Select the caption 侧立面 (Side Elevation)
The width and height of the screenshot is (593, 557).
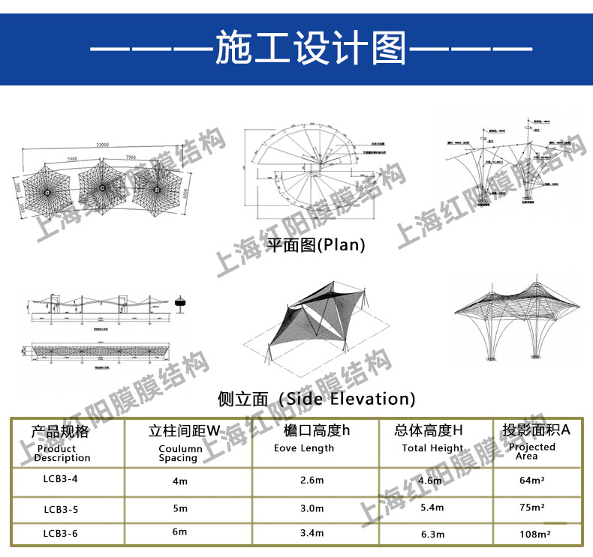[x=315, y=398]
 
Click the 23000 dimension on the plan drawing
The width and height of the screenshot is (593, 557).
[x=102, y=145]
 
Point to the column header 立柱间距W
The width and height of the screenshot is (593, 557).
[x=184, y=431]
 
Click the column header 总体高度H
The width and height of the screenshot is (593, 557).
[x=429, y=431]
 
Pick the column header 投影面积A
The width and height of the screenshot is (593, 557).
[x=536, y=430]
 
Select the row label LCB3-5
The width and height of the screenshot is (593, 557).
[x=61, y=509]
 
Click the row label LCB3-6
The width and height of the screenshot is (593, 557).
[x=61, y=533]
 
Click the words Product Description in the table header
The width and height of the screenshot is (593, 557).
[x=62, y=454]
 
